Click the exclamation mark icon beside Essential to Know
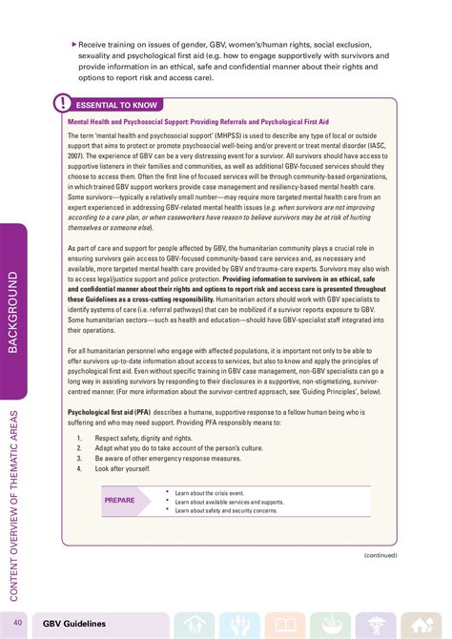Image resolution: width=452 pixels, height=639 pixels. pos(62,103)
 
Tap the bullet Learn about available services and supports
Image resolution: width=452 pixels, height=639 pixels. pos(229,502)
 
